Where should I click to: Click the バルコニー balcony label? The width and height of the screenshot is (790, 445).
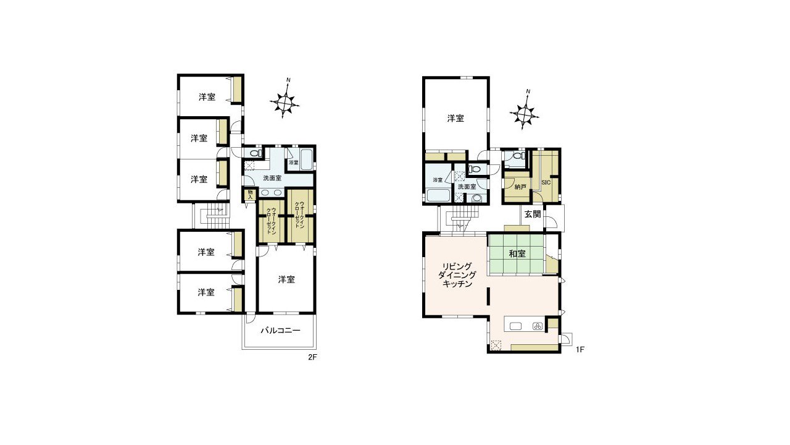point(280,331)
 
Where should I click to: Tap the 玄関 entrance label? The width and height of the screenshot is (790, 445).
point(532,214)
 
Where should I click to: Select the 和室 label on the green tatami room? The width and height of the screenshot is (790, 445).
point(517,253)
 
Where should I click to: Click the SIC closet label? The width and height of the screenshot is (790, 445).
point(546,182)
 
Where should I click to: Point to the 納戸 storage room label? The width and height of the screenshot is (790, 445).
point(520,187)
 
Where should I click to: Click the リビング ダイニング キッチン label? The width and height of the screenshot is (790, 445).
point(457,275)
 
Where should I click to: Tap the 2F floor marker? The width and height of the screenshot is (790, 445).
point(312,357)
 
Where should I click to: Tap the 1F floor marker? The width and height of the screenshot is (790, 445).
point(580,350)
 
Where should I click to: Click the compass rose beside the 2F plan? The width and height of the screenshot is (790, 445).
point(285,102)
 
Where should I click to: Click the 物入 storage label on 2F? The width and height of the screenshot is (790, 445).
point(250,195)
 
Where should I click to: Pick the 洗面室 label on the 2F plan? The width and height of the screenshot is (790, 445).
point(272,179)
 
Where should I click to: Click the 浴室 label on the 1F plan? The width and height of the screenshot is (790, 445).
point(438,180)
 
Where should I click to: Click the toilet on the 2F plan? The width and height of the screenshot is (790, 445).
point(254,153)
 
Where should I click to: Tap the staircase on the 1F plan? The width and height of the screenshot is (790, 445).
point(460,219)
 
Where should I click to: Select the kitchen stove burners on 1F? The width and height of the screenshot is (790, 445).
point(537,326)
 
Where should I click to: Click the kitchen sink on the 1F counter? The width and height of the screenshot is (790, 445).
point(516,326)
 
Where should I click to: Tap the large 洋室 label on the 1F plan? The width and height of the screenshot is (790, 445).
point(455,118)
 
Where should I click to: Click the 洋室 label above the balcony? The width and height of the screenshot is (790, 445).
point(286,280)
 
